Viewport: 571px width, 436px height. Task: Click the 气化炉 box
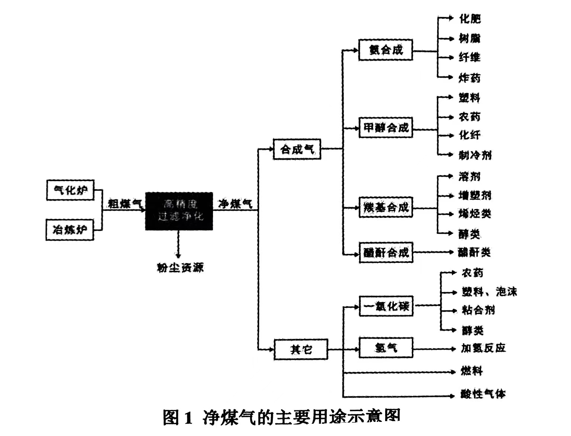click(x=70, y=190)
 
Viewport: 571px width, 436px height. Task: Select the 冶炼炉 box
click(x=70, y=230)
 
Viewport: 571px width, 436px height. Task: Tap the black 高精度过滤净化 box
click(x=179, y=211)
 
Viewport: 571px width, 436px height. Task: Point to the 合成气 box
click(x=297, y=149)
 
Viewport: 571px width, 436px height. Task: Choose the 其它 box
click(x=301, y=349)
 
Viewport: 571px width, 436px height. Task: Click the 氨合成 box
click(x=385, y=50)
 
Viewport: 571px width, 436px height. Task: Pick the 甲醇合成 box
click(x=385, y=128)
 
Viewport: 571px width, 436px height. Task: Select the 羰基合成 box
click(x=385, y=207)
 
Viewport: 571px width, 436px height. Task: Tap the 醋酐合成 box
click(x=386, y=253)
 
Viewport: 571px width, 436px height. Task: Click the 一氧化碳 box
click(x=386, y=306)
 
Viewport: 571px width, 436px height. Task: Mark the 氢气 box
click(x=385, y=348)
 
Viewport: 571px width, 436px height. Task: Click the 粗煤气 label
click(x=125, y=203)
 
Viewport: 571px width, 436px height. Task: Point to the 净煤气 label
click(x=235, y=203)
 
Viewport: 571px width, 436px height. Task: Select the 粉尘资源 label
click(x=180, y=267)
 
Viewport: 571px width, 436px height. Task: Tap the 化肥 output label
click(x=470, y=19)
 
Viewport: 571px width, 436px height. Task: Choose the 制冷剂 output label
click(x=475, y=155)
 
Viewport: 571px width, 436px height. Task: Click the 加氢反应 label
click(x=483, y=348)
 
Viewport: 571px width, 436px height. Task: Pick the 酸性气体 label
click(x=483, y=394)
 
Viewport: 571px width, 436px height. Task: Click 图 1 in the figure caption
click(x=178, y=417)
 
